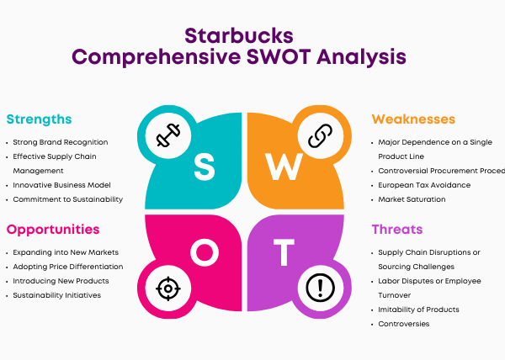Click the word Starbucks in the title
239,35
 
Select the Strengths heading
39,119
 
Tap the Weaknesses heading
413,119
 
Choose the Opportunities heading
53,230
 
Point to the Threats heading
397,230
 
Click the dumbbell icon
168,135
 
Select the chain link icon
320,135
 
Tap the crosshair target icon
168,289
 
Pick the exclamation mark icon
320,288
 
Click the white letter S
205,167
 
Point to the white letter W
284,167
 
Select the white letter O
205,252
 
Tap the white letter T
284,252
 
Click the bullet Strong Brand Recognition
61,142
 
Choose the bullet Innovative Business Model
61,185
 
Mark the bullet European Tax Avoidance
424,185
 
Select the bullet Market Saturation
412,199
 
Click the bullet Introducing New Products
61,281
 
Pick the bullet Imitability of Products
418,310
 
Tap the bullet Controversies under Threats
404,324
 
